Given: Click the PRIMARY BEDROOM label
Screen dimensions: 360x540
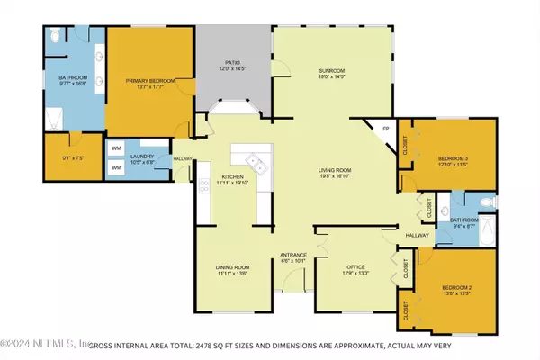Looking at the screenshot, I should [x=150, y=80].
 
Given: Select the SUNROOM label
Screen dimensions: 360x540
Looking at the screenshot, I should [x=331, y=70].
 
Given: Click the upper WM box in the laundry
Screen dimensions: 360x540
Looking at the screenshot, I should [x=117, y=148].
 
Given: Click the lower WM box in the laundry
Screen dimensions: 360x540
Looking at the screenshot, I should [x=117, y=167].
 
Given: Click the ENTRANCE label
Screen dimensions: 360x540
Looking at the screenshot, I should [x=294, y=255].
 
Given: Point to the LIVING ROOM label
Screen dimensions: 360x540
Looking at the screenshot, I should [x=337, y=170].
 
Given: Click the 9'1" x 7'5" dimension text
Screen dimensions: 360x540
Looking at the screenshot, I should [x=71, y=159].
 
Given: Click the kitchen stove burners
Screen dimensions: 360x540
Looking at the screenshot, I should [x=204, y=191].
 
